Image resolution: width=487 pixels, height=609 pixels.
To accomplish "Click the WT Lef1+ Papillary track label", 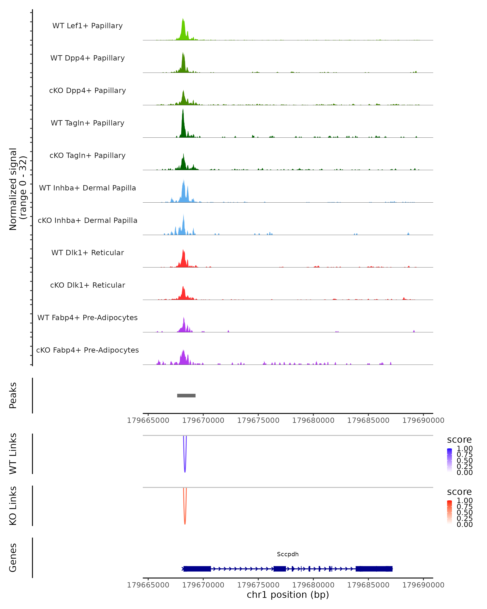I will click(x=87, y=26).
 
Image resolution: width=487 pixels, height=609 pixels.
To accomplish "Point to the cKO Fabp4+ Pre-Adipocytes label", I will click(x=87, y=350).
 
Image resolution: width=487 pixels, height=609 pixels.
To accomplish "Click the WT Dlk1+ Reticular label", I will click(x=87, y=253).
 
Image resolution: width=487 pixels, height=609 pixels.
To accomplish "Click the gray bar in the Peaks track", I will click(x=186, y=395).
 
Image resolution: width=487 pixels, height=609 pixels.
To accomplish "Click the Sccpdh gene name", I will click(x=288, y=554).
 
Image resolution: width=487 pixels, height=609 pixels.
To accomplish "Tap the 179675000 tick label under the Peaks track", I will click(x=258, y=420).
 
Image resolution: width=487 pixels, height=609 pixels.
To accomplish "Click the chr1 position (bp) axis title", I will click(x=288, y=595).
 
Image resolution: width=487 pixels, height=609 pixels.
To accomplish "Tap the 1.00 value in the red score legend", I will click(x=464, y=500).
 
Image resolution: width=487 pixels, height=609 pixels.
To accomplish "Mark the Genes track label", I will click(x=13, y=558).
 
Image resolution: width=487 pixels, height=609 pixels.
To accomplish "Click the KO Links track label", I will click(x=13, y=506).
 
